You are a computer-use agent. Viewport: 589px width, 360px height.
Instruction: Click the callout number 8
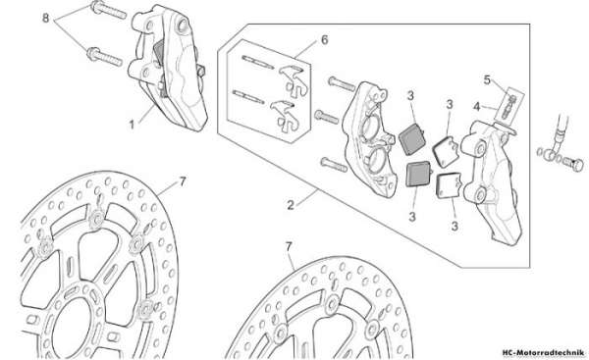pyautogui.click(x=46, y=18)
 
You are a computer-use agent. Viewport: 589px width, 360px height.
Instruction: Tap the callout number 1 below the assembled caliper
pyautogui.click(x=132, y=125)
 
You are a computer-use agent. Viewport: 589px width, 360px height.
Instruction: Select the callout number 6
pyautogui.click(x=325, y=40)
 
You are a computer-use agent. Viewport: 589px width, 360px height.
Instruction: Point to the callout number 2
pyautogui.click(x=291, y=205)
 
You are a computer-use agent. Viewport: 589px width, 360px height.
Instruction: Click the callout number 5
pyautogui.click(x=487, y=80)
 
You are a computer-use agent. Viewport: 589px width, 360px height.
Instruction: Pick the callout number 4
pyautogui.click(x=477, y=107)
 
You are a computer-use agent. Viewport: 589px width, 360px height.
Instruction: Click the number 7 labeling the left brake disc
pyautogui.click(x=183, y=182)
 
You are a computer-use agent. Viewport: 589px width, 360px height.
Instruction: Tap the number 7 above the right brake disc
pyautogui.click(x=289, y=246)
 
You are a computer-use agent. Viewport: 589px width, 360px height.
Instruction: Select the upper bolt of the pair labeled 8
pyautogui.click(x=108, y=10)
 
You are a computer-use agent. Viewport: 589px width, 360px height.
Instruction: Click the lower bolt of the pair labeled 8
pyautogui.click(x=105, y=57)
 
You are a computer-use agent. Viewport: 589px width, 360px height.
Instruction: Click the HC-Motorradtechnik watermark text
pyautogui.click(x=543, y=352)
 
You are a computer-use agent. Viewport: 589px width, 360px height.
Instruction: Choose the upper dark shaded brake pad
pyautogui.click(x=412, y=139)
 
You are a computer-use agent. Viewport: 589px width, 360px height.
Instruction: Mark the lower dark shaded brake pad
pyautogui.click(x=418, y=174)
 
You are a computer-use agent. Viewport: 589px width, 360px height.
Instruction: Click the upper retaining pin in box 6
pyautogui.click(x=257, y=62)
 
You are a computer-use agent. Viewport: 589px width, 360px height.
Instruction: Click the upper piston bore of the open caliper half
pyautogui.click(x=370, y=127)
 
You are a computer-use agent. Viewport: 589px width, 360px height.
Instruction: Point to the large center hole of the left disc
pyautogui.click(x=72, y=326)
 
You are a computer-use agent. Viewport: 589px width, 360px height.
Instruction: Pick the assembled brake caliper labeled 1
pyautogui.click(x=168, y=68)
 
